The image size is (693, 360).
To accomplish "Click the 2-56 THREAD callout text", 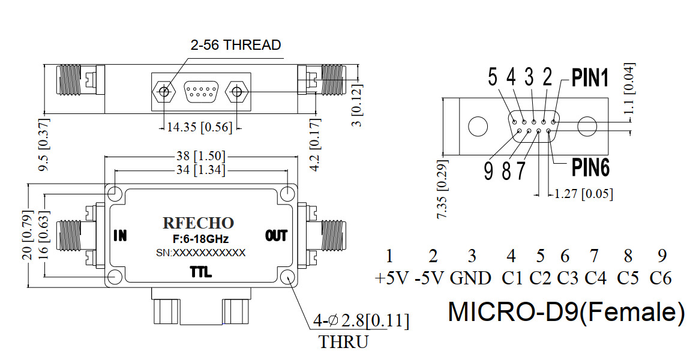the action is [x=236, y=45].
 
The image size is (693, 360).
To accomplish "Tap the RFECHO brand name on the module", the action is [x=199, y=223].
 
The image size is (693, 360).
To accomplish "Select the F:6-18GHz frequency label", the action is [x=200, y=239].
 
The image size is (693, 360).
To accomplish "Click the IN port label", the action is [x=120, y=236].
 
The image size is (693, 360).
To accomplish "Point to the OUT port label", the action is [x=276, y=236].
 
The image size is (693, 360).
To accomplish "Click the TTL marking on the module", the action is [x=200, y=272].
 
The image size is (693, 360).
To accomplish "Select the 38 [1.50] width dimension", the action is [x=200, y=156].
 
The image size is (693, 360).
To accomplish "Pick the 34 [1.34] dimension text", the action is [x=200, y=170].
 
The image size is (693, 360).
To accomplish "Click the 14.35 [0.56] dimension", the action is [x=199, y=127].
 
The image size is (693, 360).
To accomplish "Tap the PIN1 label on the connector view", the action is [x=590, y=77].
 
